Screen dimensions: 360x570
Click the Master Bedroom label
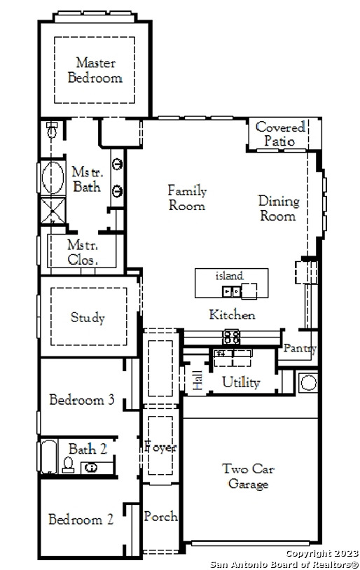click(95, 70)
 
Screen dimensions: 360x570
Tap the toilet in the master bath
click(52, 130)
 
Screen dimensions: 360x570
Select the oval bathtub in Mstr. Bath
click(53, 178)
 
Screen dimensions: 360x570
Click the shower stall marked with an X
click(53, 210)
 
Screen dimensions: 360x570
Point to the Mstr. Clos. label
click(83, 252)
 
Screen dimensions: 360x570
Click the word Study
click(88, 317)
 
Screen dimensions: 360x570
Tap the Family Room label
click(187, 197)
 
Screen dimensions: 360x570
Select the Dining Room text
click(279, 208)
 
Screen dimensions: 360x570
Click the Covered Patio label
click(279, 134)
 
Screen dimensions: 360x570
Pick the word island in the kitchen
click(229, 276)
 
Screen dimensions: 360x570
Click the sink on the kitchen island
click(231, 291)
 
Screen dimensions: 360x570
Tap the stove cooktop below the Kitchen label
click(232, 337)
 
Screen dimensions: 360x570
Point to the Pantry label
click(300, 348)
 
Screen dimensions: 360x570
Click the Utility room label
click(241, 382)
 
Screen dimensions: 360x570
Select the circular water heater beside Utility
click(308, 383)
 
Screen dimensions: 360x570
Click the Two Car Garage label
click(248, 476)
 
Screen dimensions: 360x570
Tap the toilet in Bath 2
click(68, 465)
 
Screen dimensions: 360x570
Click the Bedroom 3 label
click(82, 400)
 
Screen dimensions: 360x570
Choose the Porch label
click(160, 516)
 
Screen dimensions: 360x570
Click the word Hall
click(198, 381)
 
